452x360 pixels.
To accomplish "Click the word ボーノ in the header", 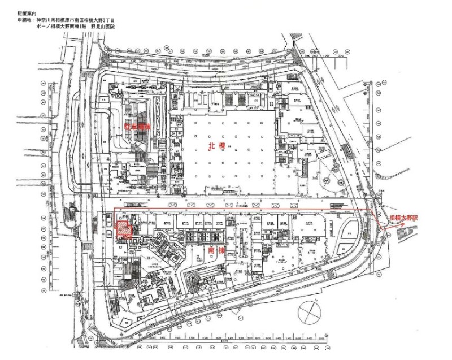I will tap(40, 27).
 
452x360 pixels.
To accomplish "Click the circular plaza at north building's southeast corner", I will tap(329, 181).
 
